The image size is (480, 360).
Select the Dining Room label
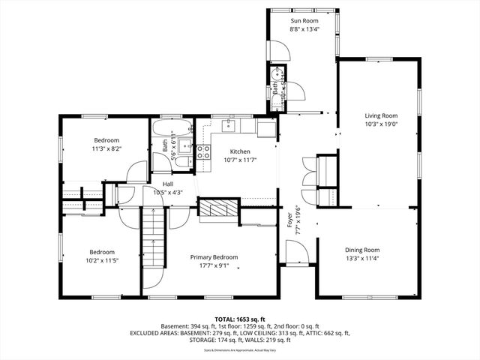(362, 250)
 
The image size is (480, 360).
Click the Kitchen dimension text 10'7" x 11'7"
(240, 160)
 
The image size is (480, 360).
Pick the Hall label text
(169, 183)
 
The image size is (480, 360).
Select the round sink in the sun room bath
(278, 73)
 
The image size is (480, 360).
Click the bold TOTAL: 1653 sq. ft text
(239, 319)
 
